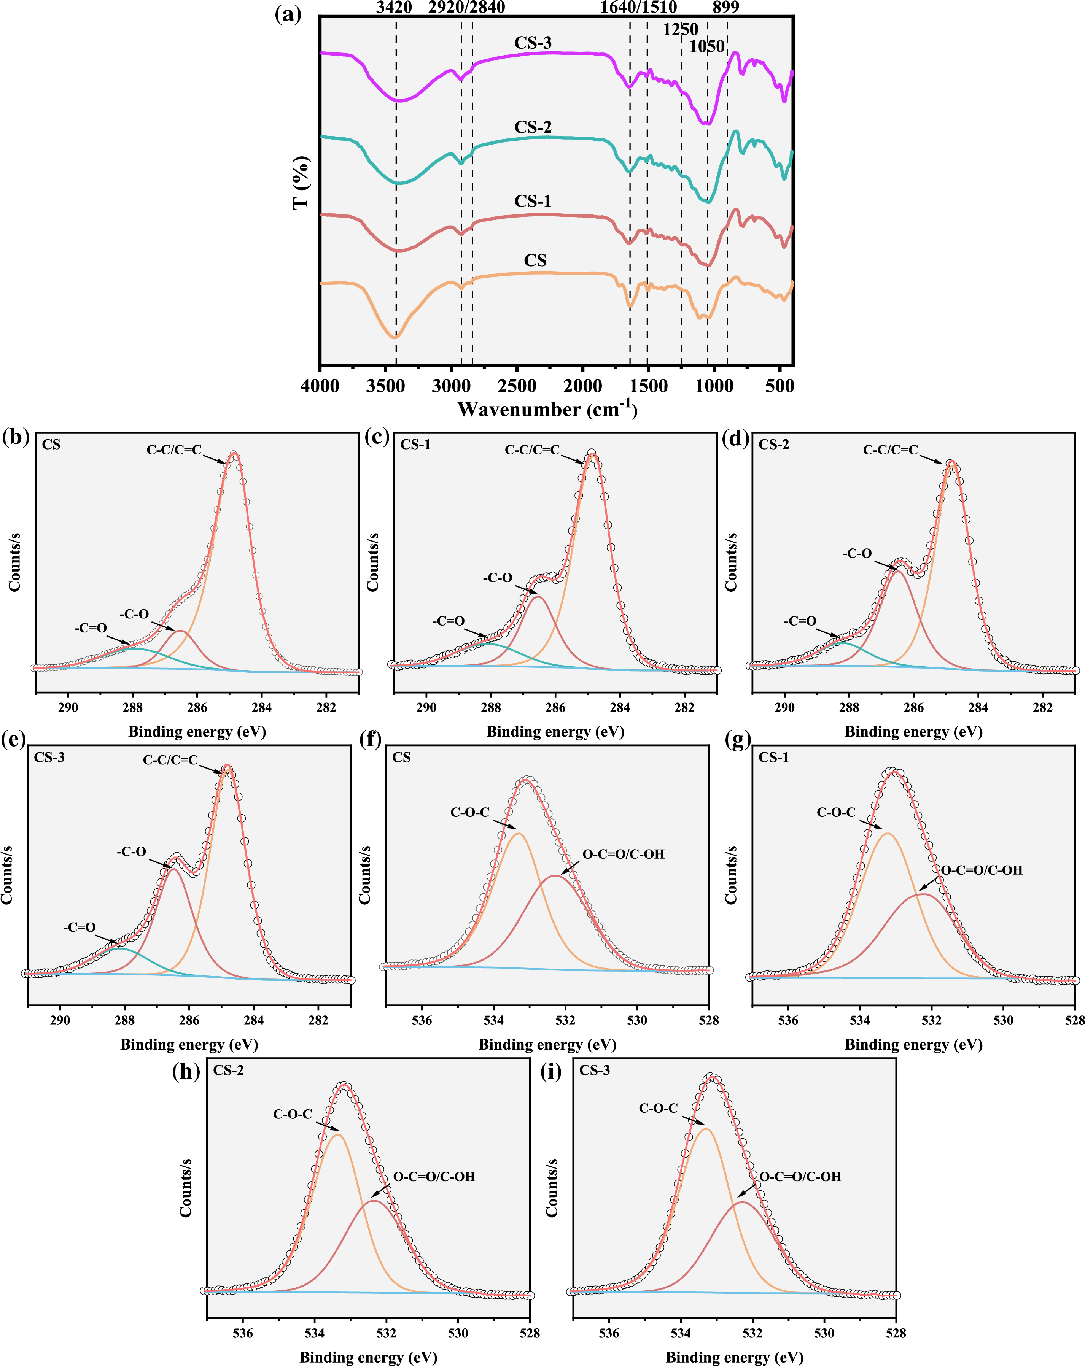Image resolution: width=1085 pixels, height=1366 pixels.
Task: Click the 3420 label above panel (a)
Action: point(394,8)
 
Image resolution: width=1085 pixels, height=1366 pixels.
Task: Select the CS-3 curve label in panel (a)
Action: point(533,43)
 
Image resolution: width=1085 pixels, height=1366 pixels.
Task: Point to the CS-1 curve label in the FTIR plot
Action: point(533,202)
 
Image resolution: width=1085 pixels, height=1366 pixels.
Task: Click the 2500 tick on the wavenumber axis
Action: point(517,386)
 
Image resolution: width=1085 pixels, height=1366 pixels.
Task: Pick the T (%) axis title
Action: point(302,183)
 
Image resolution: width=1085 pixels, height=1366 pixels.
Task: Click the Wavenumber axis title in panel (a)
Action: point(547,409)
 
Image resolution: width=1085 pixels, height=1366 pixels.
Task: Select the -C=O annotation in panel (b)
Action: point(91,628)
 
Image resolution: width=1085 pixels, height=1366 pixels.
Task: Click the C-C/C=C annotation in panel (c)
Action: point(532,450)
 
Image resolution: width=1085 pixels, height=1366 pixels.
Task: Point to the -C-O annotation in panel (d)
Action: point(857,553)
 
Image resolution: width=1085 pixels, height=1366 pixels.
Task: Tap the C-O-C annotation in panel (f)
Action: point(469,812)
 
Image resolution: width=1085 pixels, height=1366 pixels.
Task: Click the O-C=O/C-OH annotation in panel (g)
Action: point(981,870)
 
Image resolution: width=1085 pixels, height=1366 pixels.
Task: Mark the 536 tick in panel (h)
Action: point(243,1333)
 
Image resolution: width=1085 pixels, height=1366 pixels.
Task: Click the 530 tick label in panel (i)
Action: point(824,1333)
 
